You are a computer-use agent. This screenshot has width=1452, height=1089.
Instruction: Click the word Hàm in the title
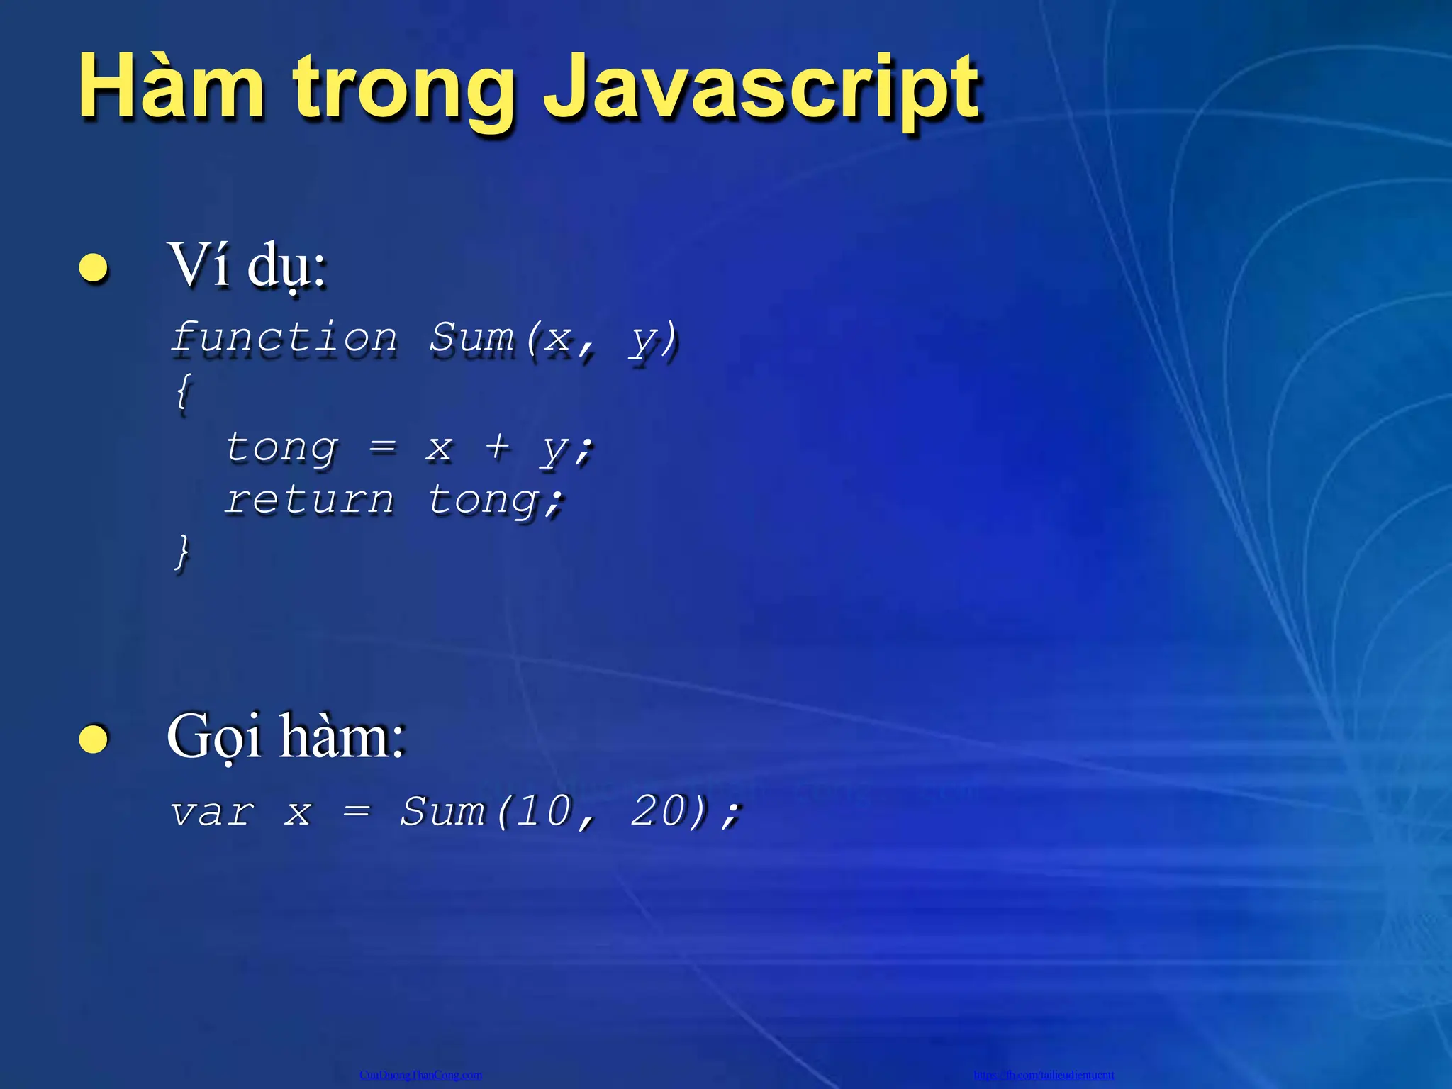pyautogui.click(x=171, y=88)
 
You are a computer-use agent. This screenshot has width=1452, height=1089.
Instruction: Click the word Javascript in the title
pyautogui.click(x=761, y=89)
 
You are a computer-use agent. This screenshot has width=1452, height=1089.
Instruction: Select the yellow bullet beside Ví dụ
pyautogui.click(x=94, y=268)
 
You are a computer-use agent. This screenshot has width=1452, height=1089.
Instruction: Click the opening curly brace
pyautogui.click(x=183, y=391)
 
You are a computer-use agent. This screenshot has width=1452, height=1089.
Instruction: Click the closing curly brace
pyautogui.click(x=183, y=551)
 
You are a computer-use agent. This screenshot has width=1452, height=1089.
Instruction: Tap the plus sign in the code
pyautogui.click(x=498, y=447)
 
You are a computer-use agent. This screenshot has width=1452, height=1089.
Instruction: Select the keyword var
pyautogui.click(x=211, y=811)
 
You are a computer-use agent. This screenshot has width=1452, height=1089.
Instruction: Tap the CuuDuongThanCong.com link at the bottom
pyautogui.click(x=420, y=1075)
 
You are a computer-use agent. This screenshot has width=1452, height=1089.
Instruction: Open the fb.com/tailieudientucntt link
pyautogui.click(x=1044, y=1075)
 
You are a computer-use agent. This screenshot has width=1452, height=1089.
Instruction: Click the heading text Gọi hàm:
pyautogui.click(x=286, y=738)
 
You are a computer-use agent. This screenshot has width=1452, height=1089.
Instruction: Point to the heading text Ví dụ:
pyautogui.click(x=247, y=265)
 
